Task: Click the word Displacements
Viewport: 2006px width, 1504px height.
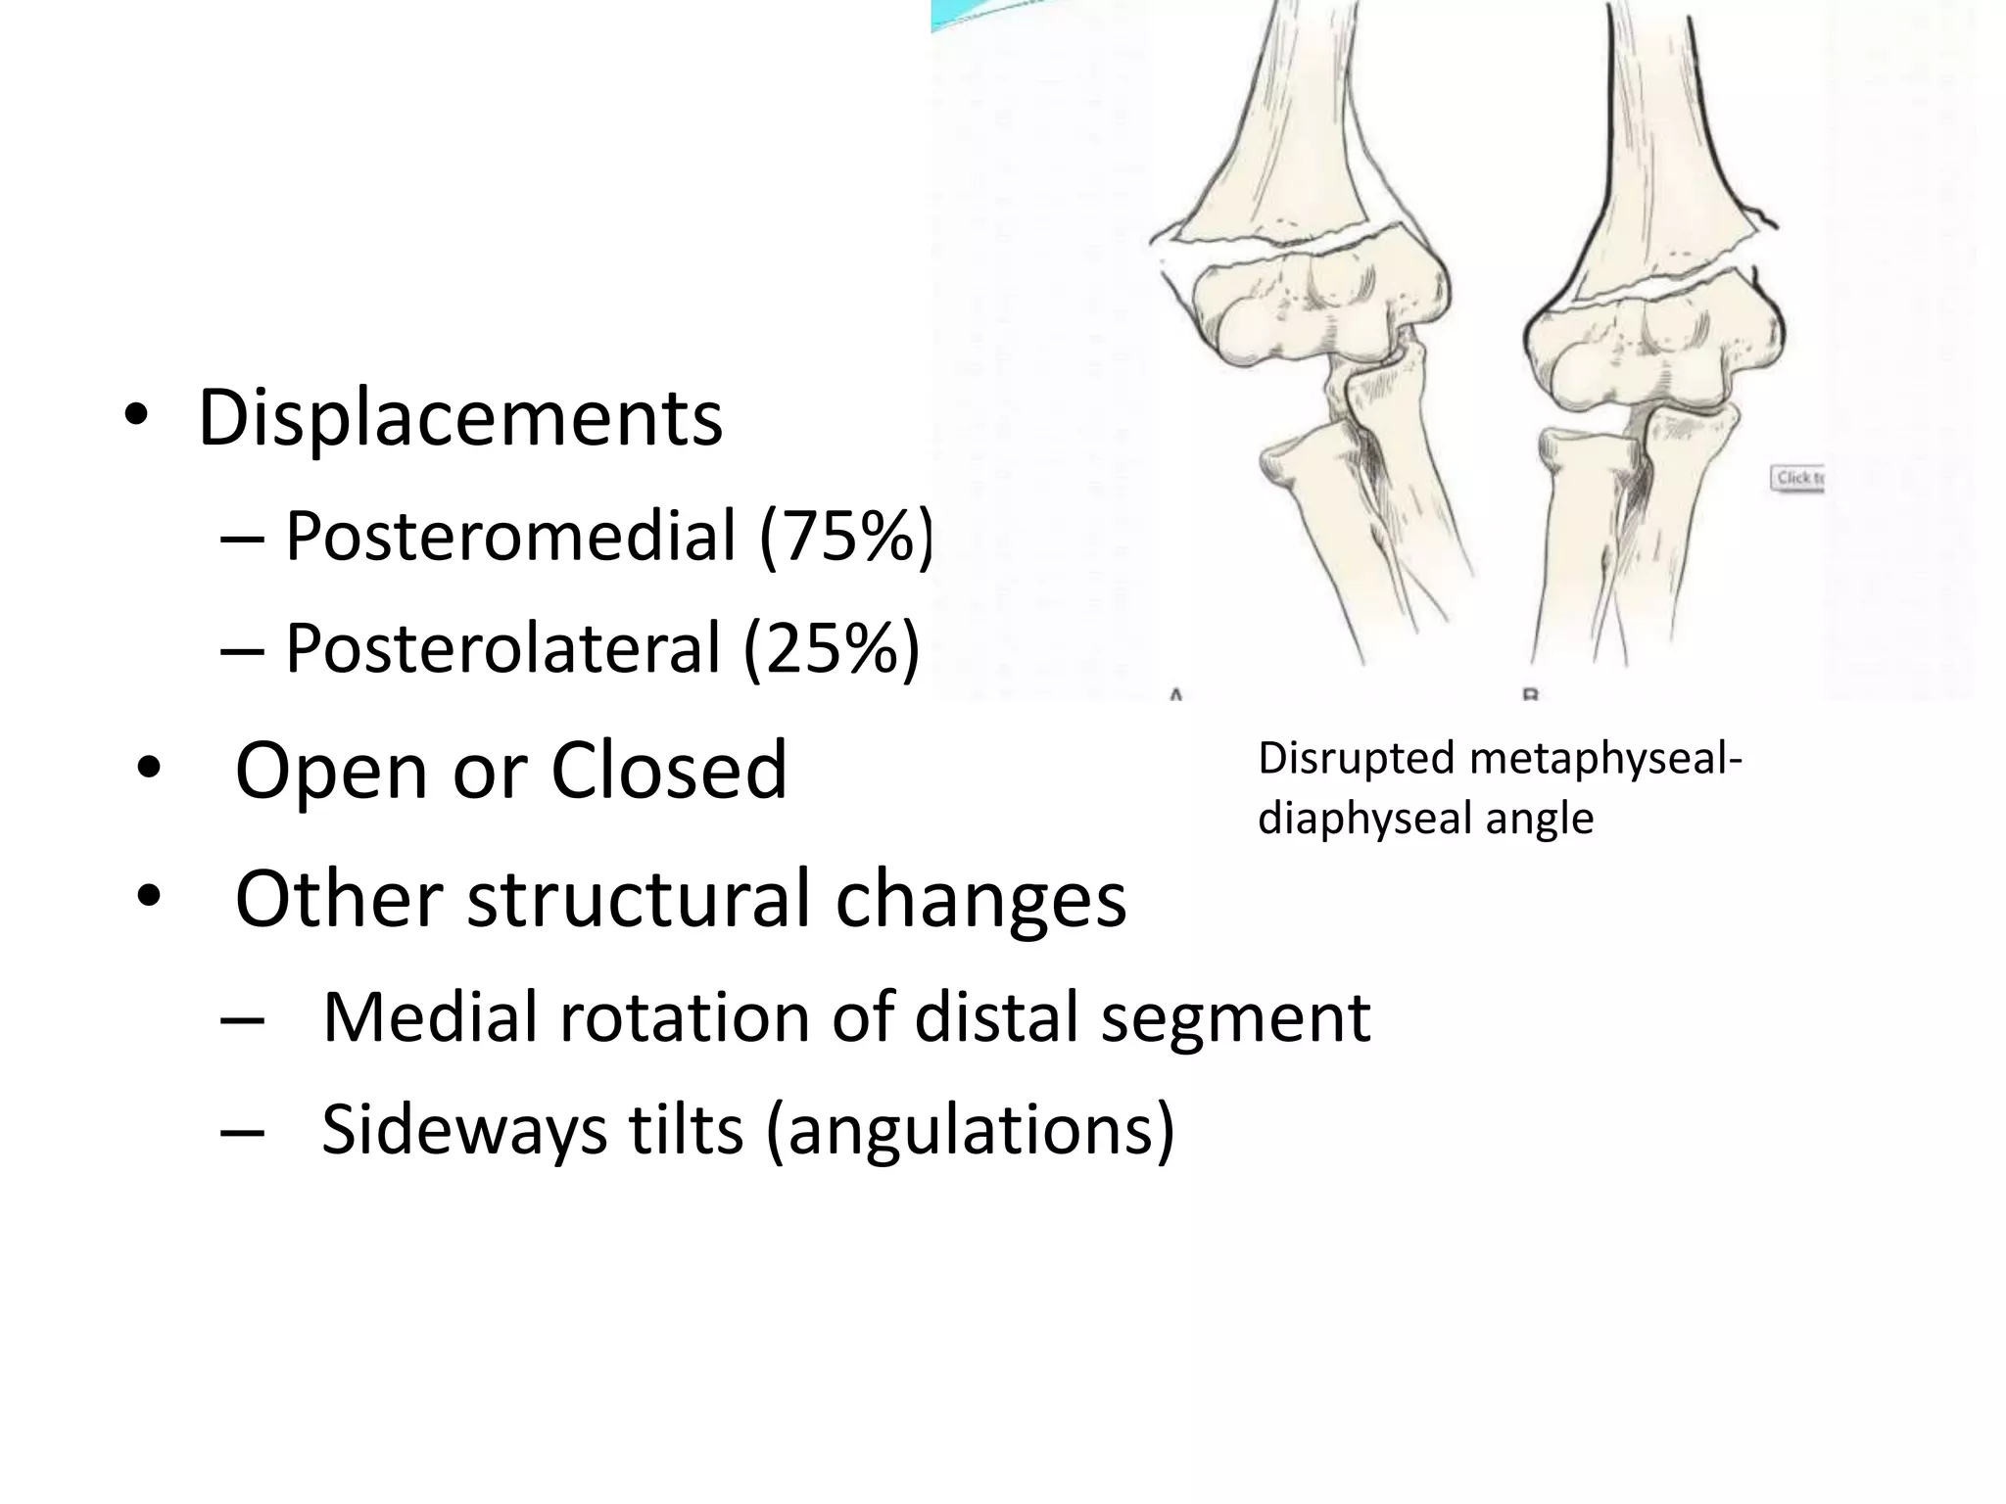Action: click(x=460, y=419)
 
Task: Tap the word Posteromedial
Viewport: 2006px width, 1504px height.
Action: click(x=510, y=537)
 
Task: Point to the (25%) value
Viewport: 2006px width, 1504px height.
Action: click(x=832, y=649)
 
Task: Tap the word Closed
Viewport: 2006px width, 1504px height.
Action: click(x=669, y=770)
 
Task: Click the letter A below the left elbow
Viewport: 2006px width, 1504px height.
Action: click(x=1175, y=694)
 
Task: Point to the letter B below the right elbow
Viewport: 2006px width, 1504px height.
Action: click(x=1530, y=694)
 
